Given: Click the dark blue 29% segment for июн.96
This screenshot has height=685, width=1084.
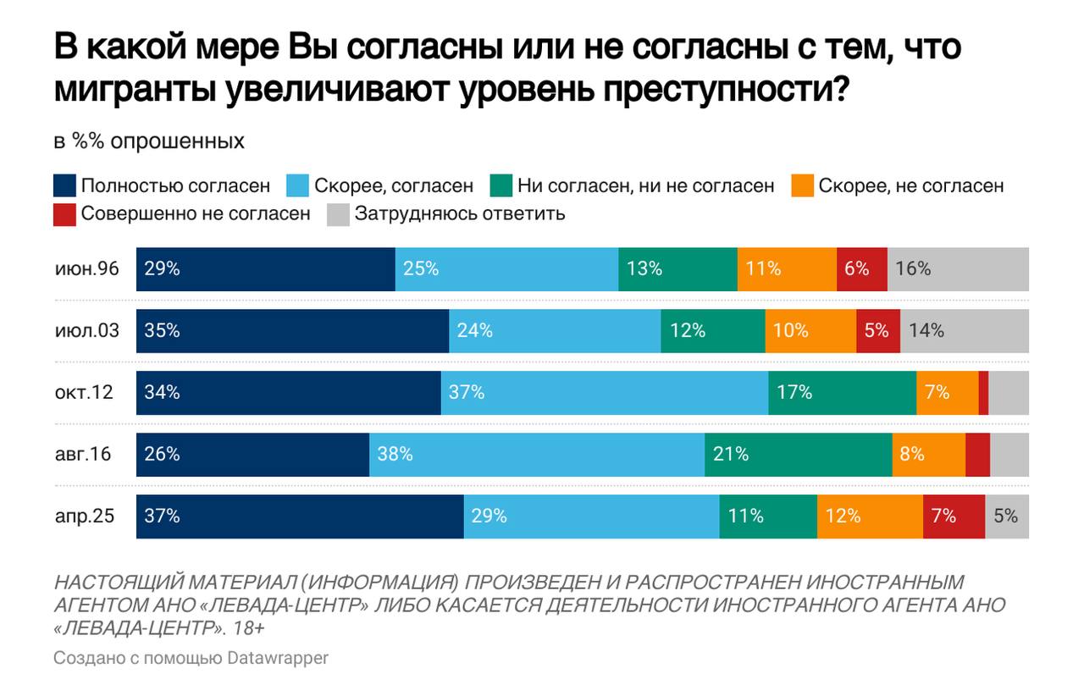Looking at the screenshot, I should click(265, 269).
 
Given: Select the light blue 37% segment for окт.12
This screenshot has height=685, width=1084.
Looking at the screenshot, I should click(605, 393).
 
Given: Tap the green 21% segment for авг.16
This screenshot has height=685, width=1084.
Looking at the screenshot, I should click(798, 455).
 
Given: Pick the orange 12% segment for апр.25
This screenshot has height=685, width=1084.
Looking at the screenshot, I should click(870, 517).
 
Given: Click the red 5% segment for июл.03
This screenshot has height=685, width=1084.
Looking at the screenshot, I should click(877, 331).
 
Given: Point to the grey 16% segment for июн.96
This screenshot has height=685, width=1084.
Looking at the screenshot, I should click(958, 269).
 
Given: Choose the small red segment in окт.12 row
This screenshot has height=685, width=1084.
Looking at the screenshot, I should click(983, 393).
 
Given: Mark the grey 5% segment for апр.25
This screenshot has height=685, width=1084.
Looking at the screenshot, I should click(1007, 517).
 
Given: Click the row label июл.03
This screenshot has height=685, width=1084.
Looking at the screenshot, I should click(86, 331).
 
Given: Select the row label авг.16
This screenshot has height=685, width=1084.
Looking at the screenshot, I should click(83, 455).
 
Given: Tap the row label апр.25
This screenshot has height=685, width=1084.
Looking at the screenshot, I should click(84, 517).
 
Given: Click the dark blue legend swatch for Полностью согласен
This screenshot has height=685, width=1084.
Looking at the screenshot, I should click(64, 185).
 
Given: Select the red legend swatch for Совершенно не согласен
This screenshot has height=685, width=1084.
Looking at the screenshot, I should click(64, 213).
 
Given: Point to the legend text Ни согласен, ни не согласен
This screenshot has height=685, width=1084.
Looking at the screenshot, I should click(645, 185).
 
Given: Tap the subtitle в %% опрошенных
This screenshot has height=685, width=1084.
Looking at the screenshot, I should click(149, 141).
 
